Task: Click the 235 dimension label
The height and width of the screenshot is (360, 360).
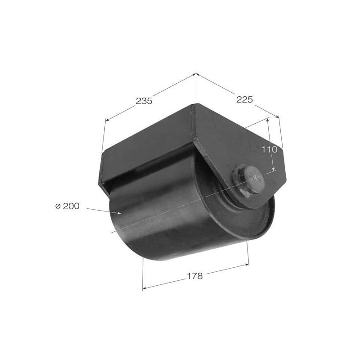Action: (x=144, y=101)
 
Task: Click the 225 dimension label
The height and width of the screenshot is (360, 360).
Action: (x=244, y=99)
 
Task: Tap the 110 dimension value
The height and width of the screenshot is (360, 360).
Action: (x=270, y=150)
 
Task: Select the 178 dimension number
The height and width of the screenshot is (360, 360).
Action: (x=195, y=276)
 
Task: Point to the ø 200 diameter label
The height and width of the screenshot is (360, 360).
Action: (x=67, y=206)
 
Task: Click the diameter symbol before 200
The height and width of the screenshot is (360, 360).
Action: (x=58, y=206)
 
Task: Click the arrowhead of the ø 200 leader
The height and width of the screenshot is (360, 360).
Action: (x=119, y=213)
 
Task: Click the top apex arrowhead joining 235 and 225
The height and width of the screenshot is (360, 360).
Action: (x=196, y=74)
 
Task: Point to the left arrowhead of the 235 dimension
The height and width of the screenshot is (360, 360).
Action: (x=107, y=119)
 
